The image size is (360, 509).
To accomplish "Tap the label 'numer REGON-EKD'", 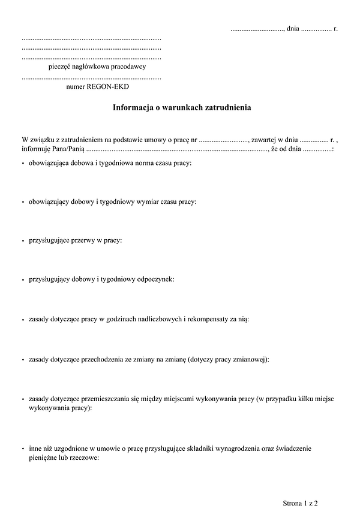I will click(98, 87).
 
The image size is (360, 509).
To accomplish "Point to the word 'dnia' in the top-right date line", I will click(293, 28).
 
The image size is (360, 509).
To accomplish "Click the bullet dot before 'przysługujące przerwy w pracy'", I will click(23, 240).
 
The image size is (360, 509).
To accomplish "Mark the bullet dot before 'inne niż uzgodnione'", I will click(23, 448).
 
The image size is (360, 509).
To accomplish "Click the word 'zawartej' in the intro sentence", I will click(264, 139).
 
